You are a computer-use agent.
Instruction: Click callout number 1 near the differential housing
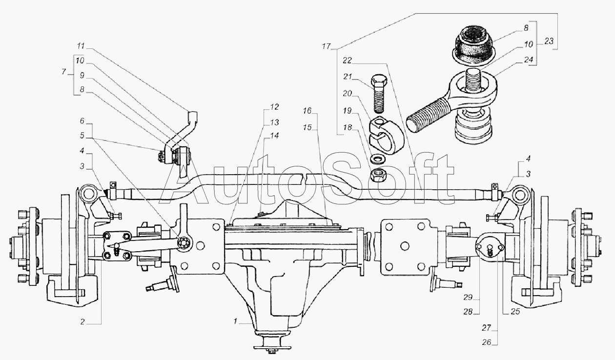(235, 321)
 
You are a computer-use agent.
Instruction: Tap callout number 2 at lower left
(82, 322)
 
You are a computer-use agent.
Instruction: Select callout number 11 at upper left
(81, 45)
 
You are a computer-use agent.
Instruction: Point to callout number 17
(326, 46)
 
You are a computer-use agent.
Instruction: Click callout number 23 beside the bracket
(549, 41)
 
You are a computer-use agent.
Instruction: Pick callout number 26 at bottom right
(487, 342)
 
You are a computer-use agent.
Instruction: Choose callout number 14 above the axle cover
(274, 136)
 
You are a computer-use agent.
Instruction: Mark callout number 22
(348, 60)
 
